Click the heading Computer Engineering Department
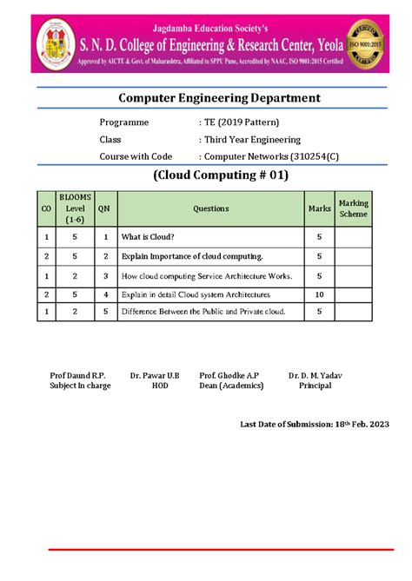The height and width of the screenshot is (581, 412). (207, 98)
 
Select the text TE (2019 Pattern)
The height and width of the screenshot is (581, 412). (236, 122)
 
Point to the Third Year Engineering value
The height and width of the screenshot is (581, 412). (250, 139)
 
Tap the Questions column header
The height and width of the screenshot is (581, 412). (211, 208)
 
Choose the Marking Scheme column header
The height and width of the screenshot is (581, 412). (353, 208)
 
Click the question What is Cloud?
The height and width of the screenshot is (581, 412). (148, 236)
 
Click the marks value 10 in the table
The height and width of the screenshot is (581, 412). (319, 294)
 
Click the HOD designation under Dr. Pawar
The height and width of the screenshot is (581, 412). (159, 386)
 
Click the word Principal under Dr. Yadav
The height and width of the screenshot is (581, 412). (315, 386)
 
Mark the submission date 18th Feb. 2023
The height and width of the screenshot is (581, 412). (356, 424)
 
